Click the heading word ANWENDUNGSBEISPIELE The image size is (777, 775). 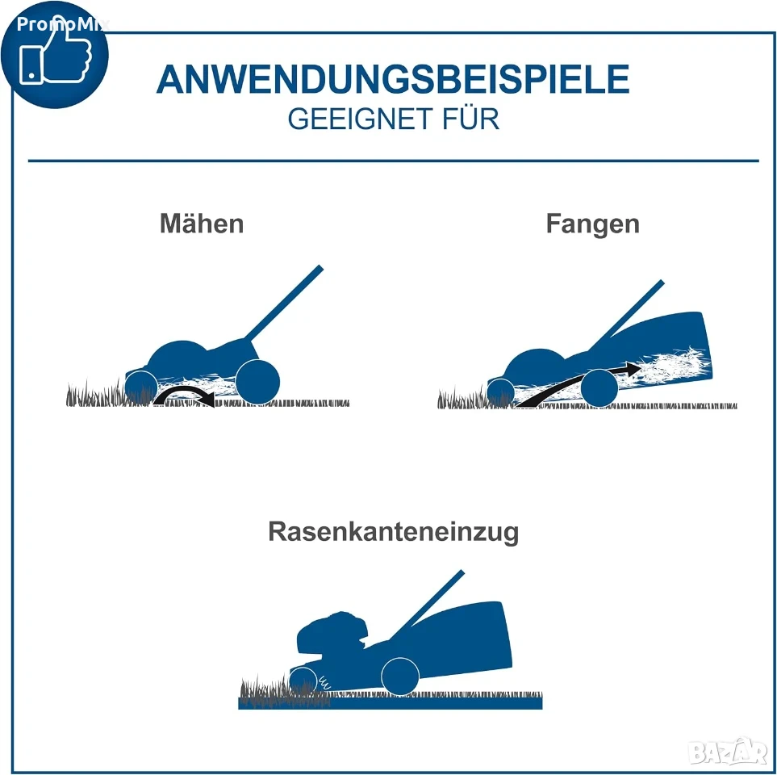click(393, 79)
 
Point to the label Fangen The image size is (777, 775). click(593, 224)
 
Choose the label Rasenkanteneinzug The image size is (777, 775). click(394, 531)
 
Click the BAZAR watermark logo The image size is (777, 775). click(728, 752)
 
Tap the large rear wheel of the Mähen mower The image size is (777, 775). click(257, 382)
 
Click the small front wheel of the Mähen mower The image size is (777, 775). click(141, 387)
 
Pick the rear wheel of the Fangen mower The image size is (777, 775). click(599, 387)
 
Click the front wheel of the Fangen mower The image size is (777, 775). click(501, 392)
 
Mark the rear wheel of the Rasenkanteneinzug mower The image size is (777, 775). click(400, 677)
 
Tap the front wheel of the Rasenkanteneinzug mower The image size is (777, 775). click(303, 681)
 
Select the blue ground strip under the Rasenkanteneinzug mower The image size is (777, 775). click(391, 703)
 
